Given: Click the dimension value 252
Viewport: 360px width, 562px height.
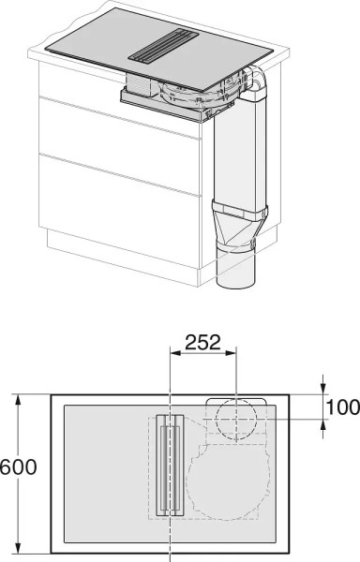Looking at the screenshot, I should coord(202,342).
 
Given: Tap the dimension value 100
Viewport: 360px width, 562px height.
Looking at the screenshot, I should coord(343,407).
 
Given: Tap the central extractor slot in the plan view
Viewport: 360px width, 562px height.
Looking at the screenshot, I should coord(170,466).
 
